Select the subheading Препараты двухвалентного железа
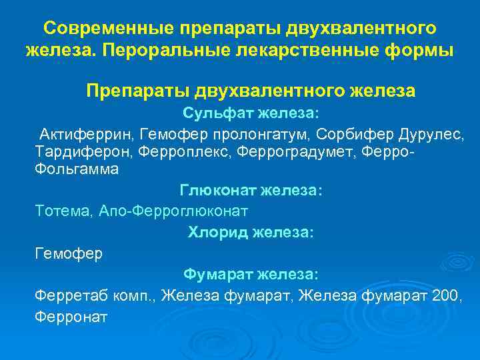pyautogui.click(x=251, y=91)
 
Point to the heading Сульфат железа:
pyautogui.click(x=250, y=113)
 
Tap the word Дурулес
pyautogui.click(x=429, y=134)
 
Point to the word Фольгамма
pyautogui.click(x=77, y=169)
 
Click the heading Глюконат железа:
pyautogui.click(x=251, y=191)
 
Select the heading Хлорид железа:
pyautogui.click(x=251, y=233)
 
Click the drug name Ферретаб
pyautogui.click(x=66, y=295)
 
